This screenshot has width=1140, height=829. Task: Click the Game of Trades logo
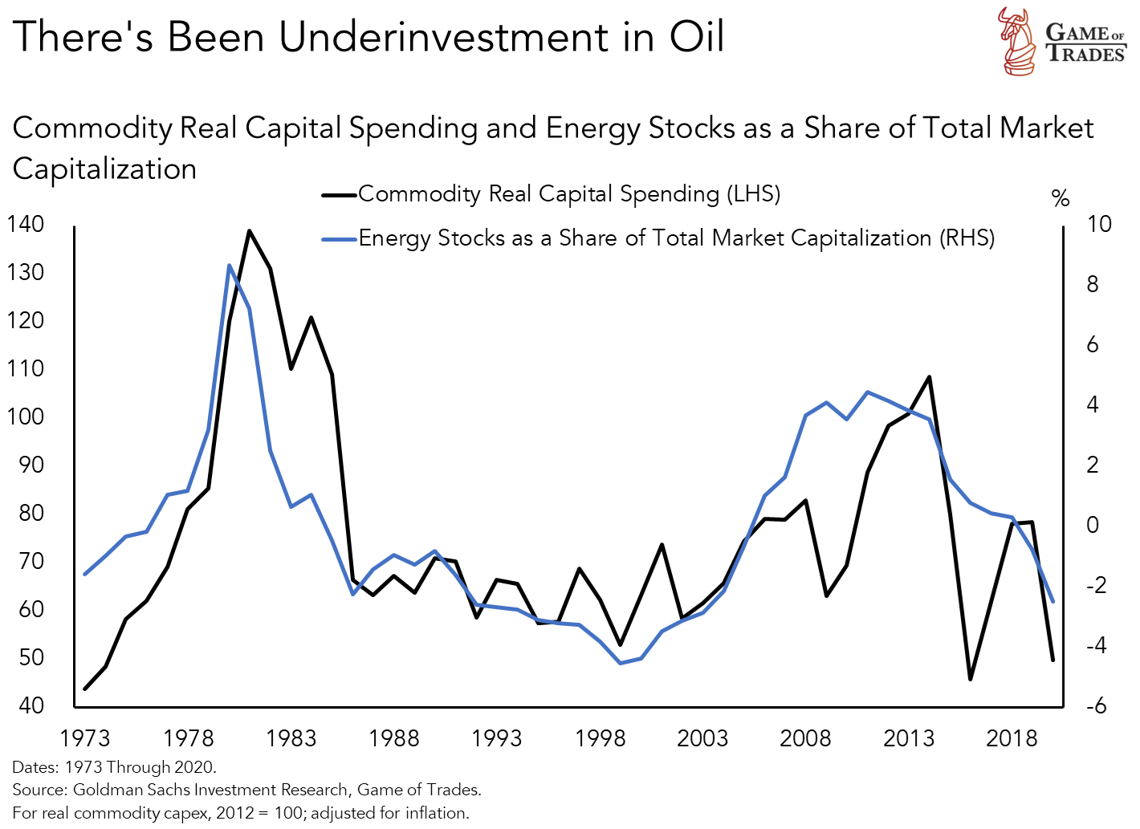(1061, 42)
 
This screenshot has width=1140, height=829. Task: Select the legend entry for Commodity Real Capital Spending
(568, 193)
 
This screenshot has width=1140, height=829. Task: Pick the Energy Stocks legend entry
(676, 238)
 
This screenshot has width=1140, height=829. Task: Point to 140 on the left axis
(26, 224)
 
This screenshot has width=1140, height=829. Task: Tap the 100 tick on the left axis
(26, 417)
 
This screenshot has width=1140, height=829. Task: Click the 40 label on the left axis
(31, 705)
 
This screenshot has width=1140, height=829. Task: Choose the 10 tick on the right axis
(1098, 224)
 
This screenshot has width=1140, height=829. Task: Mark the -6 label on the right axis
(1096, 705)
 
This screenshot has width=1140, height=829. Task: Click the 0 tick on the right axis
(1093, 525)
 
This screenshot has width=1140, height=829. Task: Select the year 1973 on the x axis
(85, 738)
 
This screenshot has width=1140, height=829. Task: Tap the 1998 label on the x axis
(600, 738)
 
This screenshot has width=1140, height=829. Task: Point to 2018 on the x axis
(1012, 738)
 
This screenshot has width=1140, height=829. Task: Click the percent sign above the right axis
(1061, 198)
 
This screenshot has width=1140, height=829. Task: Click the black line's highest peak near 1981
(249, 231)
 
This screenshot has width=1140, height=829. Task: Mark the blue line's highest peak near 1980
(230, 265)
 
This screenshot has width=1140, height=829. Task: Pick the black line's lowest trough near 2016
(970, 679)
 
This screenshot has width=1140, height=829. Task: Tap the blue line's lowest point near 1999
(621, 663)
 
